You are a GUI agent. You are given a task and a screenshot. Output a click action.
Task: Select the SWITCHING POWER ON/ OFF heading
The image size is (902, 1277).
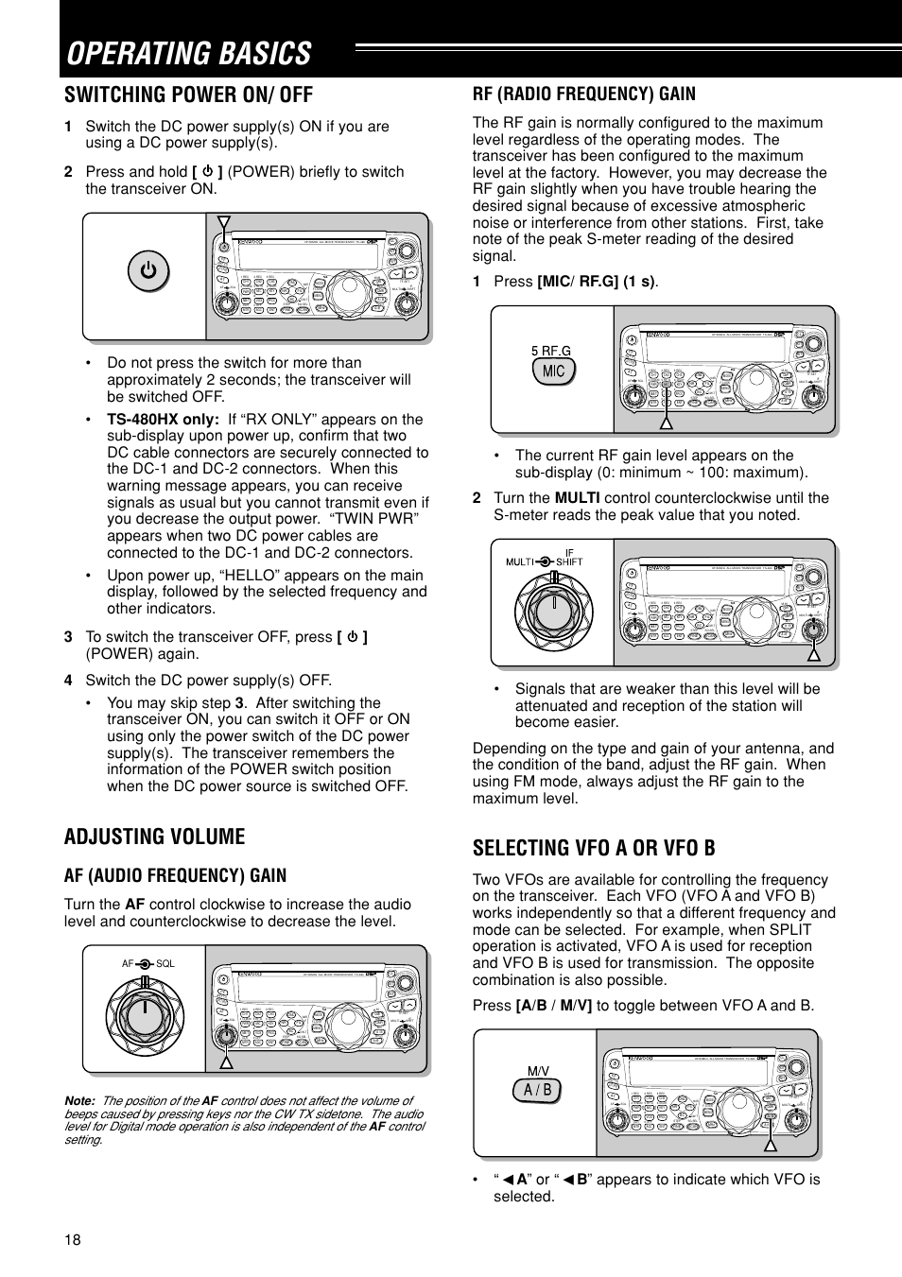point(188,95)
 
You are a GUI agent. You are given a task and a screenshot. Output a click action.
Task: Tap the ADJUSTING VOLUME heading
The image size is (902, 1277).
point(154,837)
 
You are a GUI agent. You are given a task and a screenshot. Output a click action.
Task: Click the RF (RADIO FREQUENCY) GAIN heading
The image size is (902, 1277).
point(583,94)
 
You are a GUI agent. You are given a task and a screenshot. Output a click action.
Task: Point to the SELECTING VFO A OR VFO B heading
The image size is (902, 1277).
point(594,847)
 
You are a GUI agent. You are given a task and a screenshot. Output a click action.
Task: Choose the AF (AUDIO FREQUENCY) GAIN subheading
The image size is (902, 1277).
point(175,875)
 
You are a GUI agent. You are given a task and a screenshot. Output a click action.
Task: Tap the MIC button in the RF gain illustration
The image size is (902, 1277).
point(553,371)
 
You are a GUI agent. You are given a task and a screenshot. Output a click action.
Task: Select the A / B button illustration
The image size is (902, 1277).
point(537,1091)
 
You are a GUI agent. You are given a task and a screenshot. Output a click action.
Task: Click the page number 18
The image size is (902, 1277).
point(73,1240)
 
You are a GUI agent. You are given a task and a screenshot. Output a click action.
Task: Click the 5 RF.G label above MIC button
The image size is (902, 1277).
point(551,351)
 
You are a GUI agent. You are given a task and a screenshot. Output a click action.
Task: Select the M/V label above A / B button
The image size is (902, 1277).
point(538,1071)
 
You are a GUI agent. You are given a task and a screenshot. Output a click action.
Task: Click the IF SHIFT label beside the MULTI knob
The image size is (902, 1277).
point(569,557)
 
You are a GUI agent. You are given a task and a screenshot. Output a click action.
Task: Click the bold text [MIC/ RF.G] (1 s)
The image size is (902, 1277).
point(597,282)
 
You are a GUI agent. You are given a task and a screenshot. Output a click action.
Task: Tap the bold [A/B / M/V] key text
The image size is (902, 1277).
point(554,1005)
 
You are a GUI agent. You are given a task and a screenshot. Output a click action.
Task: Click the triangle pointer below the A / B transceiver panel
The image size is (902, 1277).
point(771,1145)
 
